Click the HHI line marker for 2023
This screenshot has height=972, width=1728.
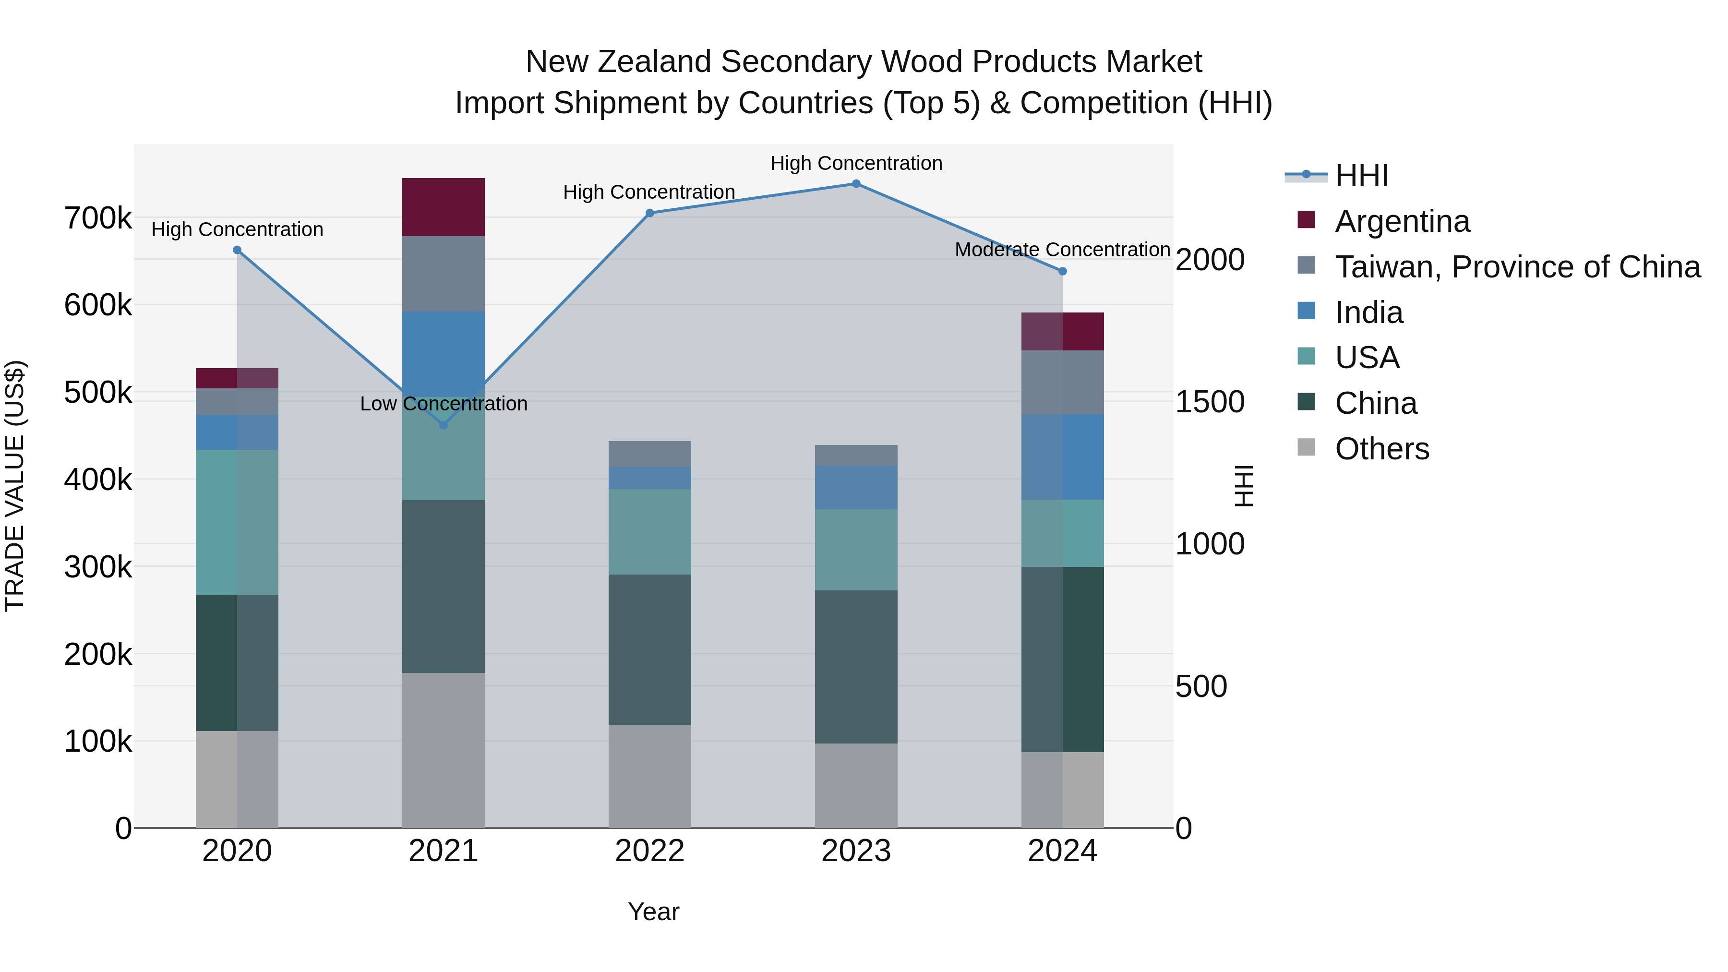tap(856, 184)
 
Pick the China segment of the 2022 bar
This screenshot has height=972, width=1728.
tap(649, 649)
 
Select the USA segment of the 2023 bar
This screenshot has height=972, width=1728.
tap(856, 550)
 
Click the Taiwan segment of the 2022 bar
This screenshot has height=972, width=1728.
tap(649, 454)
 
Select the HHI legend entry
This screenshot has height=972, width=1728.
tap(1361, 176)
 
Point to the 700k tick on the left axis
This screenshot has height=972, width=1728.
tap(98, 219)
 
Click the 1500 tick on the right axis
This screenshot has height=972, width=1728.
tap(1210, 402)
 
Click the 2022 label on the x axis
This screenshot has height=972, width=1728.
tap(649, 851)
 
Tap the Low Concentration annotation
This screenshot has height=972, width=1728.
tap(444, 404)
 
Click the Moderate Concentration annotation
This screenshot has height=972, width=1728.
tap(1062, 250)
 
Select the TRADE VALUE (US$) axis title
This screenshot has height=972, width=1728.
tap(15, 486)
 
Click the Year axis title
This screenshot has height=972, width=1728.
tap(653, 912)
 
